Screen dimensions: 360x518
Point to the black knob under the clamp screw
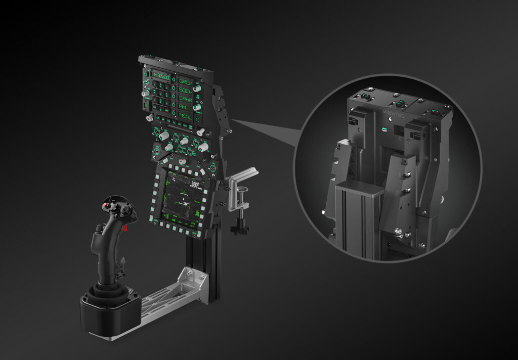(x=240, y=229)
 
